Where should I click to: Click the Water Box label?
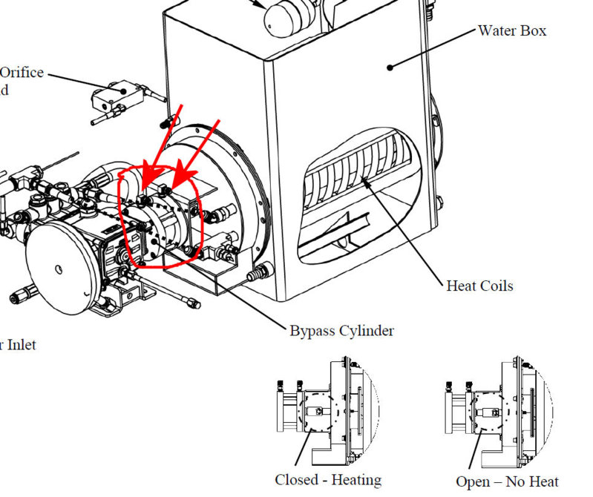tap(512, 31)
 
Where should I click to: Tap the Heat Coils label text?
tap(479, 285)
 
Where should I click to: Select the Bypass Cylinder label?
tap(341, 330)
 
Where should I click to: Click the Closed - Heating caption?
tap(328, 480)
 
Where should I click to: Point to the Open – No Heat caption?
tap(507, 481)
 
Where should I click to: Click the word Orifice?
tap(22, 73)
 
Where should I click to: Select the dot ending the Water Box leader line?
tap(390, 68)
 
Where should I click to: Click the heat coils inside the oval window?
tap(356, 178)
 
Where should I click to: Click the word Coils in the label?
tap(497, 285)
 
